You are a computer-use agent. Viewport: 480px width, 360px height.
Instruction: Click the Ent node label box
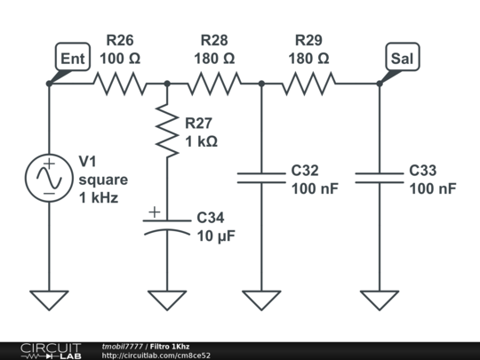point(73,57)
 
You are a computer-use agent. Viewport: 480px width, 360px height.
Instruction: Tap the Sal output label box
point(403,57)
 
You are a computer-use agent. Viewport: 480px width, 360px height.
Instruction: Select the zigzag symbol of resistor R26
point(120,84)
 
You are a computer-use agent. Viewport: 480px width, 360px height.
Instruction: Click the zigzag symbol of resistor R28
point(214,84)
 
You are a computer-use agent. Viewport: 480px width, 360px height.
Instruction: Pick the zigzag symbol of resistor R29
point(308,84)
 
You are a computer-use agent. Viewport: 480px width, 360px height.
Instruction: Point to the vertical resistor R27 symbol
point(167,131)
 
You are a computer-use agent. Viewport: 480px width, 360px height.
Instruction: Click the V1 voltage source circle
point(49,178)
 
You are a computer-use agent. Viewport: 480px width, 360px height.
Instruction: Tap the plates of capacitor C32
point(261,178)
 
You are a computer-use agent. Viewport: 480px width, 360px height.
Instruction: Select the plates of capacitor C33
point(380,178)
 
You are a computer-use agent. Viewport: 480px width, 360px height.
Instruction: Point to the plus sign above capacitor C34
point(155,212)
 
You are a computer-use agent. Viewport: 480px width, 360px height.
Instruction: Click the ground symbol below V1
point(49,300)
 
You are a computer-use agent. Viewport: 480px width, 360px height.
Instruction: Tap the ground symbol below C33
point(380,300)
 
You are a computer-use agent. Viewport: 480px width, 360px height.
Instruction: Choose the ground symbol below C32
point(261,300)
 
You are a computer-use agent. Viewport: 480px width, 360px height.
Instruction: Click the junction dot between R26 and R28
point(167,84)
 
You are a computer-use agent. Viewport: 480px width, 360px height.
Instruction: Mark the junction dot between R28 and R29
point(261,84)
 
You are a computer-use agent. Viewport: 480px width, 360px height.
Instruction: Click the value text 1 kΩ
point(202,141)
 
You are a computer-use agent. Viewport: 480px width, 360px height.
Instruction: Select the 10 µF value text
point(216,236)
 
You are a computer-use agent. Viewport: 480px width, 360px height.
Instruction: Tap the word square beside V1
point(103,180)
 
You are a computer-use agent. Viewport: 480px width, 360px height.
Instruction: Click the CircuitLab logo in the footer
point(51,351)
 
